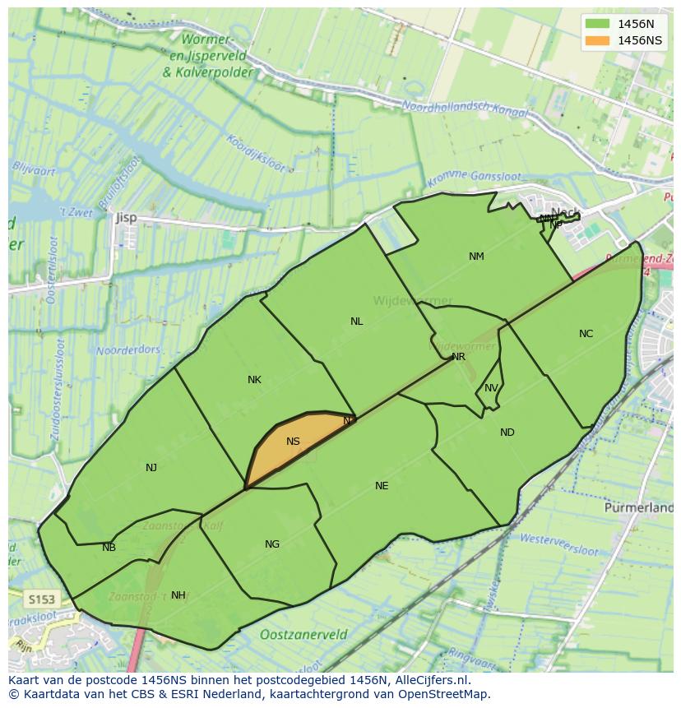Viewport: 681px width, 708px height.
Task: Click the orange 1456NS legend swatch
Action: coord(598,40)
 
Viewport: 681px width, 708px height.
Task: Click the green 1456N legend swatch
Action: coord(598,24)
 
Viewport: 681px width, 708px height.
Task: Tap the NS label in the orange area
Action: coord(293,442)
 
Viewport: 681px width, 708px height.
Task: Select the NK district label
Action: coord(254,380)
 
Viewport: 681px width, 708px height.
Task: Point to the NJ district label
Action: coord(151,468)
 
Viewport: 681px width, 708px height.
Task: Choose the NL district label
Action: coord(356,322)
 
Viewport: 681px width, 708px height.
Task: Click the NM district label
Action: coord(476,257)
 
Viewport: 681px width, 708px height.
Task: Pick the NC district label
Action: coord(586,334)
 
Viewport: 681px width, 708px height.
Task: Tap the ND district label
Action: coord(507,433)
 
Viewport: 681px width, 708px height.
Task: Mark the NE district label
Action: coord(382,486)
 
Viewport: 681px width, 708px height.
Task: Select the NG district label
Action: coord(272,544)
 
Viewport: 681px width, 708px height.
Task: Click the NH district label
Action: coord(178,595)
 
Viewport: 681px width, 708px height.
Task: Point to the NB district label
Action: coord(109,548)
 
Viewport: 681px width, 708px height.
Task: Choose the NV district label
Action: coord(491,389)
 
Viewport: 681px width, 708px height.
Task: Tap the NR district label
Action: coord(458,357)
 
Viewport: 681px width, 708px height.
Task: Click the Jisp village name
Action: coord(126,218)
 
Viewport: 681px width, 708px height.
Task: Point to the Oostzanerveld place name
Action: coord(303,635)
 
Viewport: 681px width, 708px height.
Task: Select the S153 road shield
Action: coord(39,599)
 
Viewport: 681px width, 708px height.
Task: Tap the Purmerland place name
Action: coord(638,508)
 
